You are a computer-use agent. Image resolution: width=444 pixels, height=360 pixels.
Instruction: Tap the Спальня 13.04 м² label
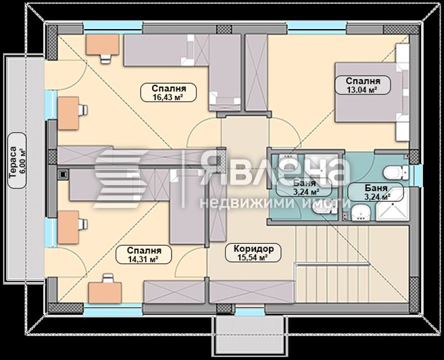click(356, 84)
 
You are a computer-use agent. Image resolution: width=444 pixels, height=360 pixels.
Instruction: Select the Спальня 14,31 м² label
click(143, 254)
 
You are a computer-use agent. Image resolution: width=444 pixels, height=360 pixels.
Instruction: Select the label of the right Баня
click(375, 192)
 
